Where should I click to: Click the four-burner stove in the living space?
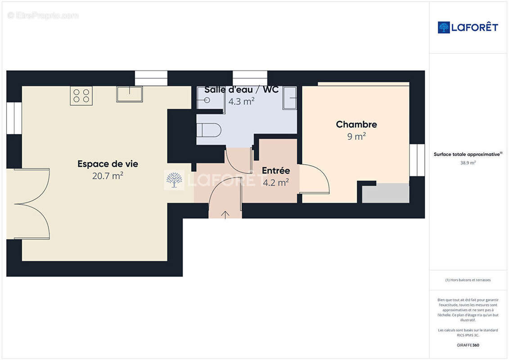click(x=81, y=96)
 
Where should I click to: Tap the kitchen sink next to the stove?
click(x=130, y=94)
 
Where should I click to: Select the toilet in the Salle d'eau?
click(x=209, y=130)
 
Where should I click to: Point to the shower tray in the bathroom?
click(x=290, y=98)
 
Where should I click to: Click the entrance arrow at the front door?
click(x=225, y=214)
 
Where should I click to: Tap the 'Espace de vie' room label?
click(x=108, y=164)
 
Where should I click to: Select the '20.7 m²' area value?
click(x=108, y=176)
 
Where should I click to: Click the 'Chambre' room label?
click(x=356, y=124)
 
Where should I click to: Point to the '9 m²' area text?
click(x=356, y=137)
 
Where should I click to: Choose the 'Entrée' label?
click(x=275, y=171)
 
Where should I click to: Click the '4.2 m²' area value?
click(x=275, y=183)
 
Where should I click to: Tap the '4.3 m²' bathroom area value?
click(x=241, y=102)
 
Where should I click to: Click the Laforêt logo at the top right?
click(x=468, y=27)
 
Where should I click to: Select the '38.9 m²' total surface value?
click(x=468, y=163)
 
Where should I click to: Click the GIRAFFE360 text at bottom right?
click(x=468, y=345)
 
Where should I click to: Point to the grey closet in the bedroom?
click(x=386, y=193)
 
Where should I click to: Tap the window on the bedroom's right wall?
click(x=417, y=160)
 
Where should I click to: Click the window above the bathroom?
click(x=250, y=78)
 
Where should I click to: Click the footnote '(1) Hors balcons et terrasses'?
click(x=468, y=280)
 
